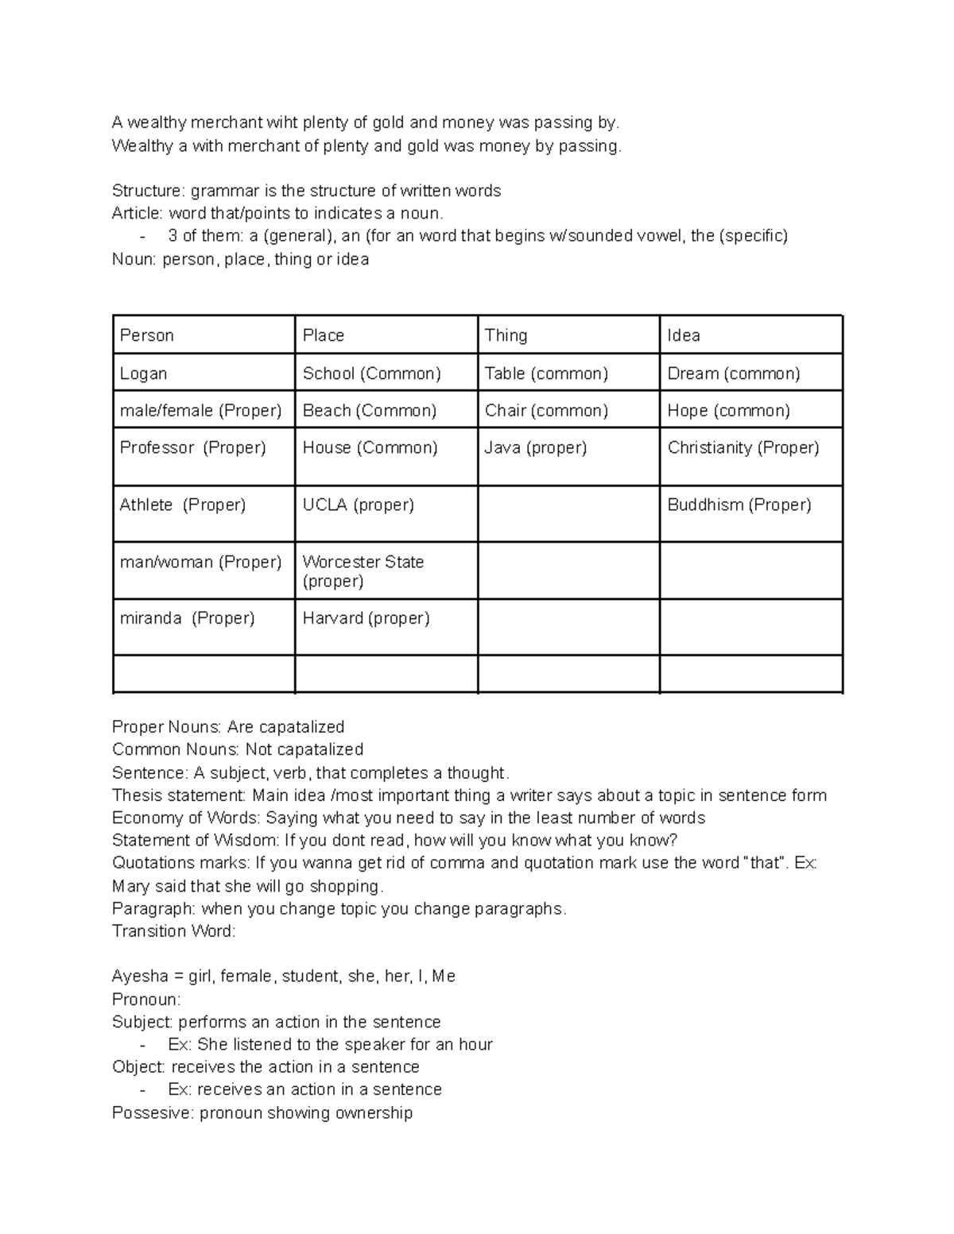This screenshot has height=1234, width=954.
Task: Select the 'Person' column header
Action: pos(147,335)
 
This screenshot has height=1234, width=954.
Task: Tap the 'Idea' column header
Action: pos(684,335)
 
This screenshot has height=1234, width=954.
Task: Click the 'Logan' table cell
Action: pos(144,373)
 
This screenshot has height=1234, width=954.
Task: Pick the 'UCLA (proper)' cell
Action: pos(358,505)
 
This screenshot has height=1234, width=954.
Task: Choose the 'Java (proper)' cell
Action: pos(536,448)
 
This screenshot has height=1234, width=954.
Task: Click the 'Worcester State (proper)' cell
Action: pos(363,571)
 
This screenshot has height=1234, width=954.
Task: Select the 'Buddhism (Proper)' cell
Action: pos(739,505)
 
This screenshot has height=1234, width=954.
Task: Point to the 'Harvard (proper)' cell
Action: pos(366,618)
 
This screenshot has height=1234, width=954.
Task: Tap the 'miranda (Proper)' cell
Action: pos(187,618)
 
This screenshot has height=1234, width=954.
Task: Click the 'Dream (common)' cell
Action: pos(734,373)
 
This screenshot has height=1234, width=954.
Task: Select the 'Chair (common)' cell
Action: pos(546,411)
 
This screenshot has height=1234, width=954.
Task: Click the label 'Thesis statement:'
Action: pos(180,795)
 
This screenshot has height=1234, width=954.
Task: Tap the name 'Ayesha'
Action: pos(140,977)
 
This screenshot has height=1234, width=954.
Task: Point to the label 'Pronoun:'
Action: pos(146,999)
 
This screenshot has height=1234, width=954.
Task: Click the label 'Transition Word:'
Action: pos(174,931)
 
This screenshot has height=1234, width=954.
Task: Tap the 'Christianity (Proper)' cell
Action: pos(743,448)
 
